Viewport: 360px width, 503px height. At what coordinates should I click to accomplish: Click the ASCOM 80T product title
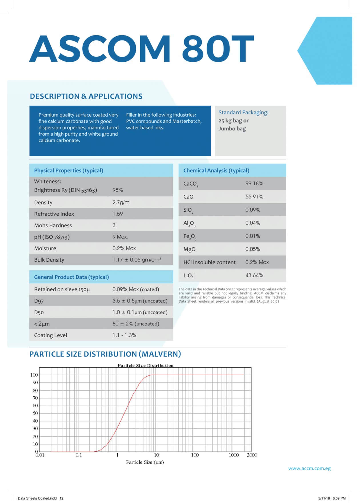tap(141, 48)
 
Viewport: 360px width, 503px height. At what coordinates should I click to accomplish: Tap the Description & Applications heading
tap(86, 96)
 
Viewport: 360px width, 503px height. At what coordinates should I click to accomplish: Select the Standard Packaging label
tap(243, 112)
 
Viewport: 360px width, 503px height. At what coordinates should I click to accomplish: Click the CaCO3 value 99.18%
tap(254, 184)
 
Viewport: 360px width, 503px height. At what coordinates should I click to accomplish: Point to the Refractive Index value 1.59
tap(117, 214)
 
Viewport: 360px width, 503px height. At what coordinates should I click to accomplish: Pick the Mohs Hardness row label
tap(53, 225)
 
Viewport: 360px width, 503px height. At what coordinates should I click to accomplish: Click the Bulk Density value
tap(137, 260)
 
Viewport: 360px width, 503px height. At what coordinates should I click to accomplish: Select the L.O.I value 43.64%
tap(254, 275)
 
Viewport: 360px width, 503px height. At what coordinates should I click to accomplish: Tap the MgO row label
tap(189, 249)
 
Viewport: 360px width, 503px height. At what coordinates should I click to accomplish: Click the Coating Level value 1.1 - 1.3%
tap(124, 335)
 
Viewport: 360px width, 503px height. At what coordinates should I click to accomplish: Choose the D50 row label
tap(39, 312)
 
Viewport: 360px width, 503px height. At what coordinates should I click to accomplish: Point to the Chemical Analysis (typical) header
tap(216, 170)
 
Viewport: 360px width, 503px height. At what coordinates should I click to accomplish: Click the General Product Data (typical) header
tap(71, 277)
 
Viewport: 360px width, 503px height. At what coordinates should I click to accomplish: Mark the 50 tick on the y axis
tap(35, 413)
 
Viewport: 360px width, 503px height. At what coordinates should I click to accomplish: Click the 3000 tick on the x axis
tap(252, 455)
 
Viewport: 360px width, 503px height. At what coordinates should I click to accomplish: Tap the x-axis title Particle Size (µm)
tap(145, 462)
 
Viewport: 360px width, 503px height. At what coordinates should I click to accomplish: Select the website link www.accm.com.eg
tap(309, 468)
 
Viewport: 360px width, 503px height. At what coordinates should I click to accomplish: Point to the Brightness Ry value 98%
tap(117, 190)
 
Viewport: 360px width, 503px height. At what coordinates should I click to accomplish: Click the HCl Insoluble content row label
tap(209, 262)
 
